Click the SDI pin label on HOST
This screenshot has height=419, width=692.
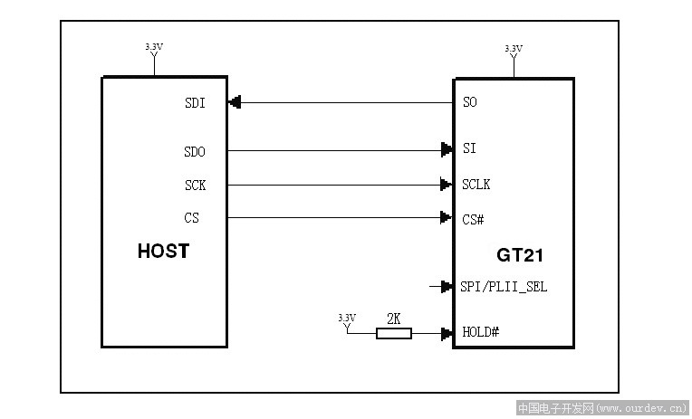[195, 103]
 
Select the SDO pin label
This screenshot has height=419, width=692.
[195, 152]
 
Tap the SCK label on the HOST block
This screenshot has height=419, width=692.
[195, 186]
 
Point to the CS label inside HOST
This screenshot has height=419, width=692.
[191, 218]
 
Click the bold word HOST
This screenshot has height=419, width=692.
[163, 251]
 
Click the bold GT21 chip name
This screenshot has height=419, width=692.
[520, 255]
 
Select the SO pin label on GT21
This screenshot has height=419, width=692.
[470, 102]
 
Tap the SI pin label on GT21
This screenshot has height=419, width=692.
[469, 148]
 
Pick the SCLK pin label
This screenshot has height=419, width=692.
[476, 185]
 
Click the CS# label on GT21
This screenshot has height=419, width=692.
[473, 219]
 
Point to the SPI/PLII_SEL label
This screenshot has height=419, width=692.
[504, 287]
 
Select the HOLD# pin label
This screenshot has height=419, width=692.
[481, 332]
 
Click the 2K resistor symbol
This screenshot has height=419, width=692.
[394, 333]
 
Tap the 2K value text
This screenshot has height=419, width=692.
[394, 319]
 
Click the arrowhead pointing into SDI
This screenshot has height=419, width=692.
[235, 102]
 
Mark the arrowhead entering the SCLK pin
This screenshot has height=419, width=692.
[447, 185]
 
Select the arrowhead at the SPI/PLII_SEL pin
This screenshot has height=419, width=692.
[447, 287]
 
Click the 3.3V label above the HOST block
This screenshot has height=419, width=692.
[154, 46]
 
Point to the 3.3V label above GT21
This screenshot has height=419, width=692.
[514, 48]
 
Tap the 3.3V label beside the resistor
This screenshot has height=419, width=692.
[347, 318]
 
